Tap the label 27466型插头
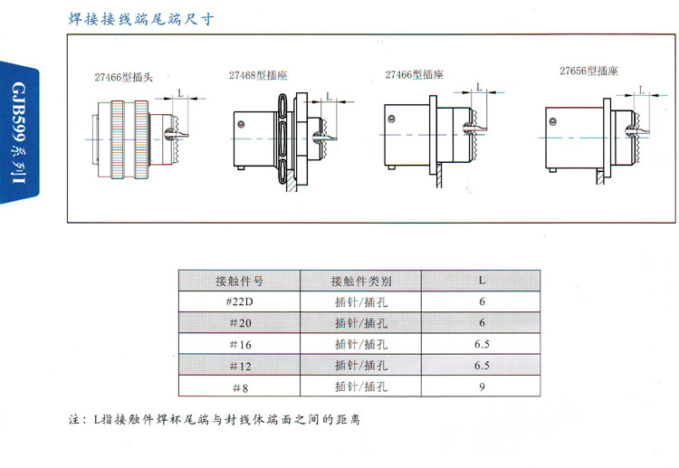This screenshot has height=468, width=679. [124, 78]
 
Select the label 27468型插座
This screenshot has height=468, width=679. [263, 75]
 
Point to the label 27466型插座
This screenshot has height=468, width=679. [415, 75]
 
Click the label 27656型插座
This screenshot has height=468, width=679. [588, 70]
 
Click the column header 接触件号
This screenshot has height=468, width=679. [239, 280]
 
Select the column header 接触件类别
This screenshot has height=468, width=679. [362, 280]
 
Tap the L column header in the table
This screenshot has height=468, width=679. [482, 280]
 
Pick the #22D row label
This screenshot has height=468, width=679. [239, 301]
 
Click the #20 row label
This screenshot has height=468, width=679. [239, 323]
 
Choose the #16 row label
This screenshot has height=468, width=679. [239, 344]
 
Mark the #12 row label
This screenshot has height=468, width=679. [239, 366]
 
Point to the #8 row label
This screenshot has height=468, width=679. [239, 387]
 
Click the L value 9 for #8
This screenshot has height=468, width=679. [482, 387]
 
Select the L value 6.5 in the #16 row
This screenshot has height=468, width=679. [482, 344]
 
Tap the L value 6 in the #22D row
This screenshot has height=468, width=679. [482, 301]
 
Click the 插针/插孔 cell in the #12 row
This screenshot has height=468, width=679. [362, 366]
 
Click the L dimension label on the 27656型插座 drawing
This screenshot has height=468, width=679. [642, 91]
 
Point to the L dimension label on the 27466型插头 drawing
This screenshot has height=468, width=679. [181, 93]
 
